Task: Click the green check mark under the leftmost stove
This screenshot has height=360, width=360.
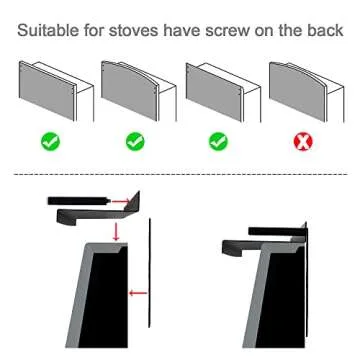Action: click(x=51, y=142)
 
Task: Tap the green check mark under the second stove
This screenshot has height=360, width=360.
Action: click(x=135, y=142)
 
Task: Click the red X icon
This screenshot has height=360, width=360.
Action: click(x=301, y=142)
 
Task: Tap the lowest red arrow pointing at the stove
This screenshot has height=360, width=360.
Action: click(x=139, y=294)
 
